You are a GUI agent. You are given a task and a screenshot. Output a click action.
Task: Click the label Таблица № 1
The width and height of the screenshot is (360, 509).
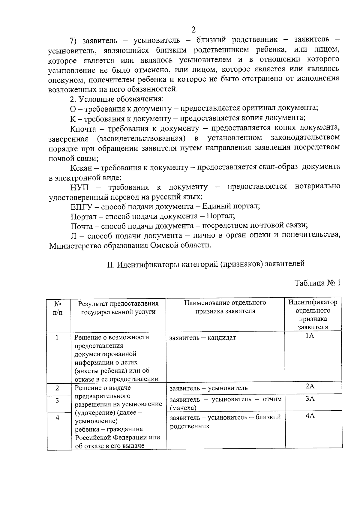(x=317, y=283)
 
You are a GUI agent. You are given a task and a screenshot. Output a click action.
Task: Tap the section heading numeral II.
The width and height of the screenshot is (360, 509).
(x=110, y=264)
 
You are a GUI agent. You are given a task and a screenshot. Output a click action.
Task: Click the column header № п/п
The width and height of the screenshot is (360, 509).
(x=58, y=308)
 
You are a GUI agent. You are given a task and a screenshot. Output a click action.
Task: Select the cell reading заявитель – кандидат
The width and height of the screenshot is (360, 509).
(x=203, y=338)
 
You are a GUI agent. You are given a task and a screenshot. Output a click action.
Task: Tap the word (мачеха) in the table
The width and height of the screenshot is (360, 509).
(x=183, y=408)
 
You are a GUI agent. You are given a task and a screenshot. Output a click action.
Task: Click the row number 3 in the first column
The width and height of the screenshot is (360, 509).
(x=57, y=401)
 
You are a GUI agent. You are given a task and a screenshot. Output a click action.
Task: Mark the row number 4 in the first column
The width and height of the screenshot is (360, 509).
(x=57, y=417)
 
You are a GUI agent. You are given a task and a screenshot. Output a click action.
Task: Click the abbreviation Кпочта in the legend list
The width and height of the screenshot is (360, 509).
(x=83, y=129)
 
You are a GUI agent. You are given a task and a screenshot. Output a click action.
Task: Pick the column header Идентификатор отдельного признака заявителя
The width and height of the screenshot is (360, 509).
(x=313, y=314)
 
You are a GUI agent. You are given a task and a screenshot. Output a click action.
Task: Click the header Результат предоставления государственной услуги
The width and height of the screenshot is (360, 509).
(x=118, y=307)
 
